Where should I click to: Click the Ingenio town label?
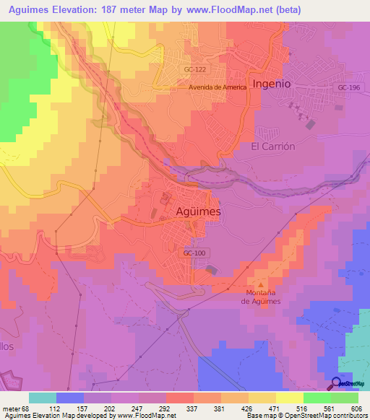(x=272, y=83)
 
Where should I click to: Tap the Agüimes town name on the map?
(x=199, y=211)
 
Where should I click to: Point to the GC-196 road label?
(x=348, y=87)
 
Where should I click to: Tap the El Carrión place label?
(x=273, y=146)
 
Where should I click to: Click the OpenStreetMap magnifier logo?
(x=336, y=383)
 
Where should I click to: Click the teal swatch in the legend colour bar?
(x=43, y=398)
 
